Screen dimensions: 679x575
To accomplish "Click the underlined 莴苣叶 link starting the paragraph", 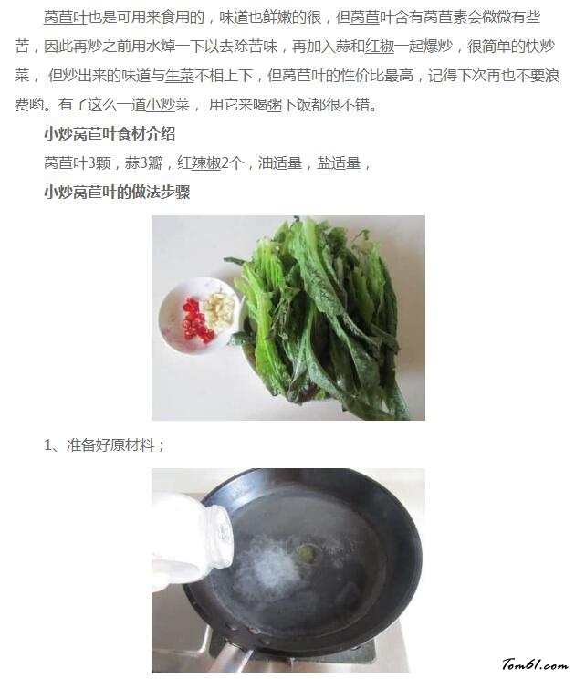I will pyautogui.click(x=66, y=18).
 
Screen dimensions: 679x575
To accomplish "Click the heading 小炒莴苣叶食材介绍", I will pyautogui.click(x=110, y=134).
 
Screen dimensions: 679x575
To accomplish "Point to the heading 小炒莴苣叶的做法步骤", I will pyautogui.click(x=117, y=193).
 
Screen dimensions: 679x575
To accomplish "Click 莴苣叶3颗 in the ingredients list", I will pyautogui.click(x=76, y=163).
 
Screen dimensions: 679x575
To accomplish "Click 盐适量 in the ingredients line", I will pyautogui.click(x=337, y=163).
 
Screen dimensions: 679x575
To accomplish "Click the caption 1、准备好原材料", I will pyautogui.click(x=104, y=445).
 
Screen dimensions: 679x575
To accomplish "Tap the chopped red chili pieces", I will pyautogui.click(x=194, y=322).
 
